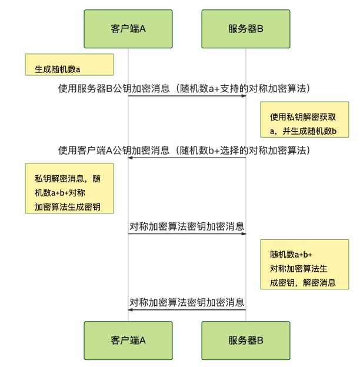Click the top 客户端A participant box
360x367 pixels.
[x=128, y=29]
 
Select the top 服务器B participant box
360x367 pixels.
[x=246, y=29]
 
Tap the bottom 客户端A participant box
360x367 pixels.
[x=128, y=341]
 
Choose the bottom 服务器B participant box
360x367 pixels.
[x=246, y=341]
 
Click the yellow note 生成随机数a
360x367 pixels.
[x=69, y=65]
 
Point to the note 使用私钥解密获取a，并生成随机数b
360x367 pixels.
[x=305, y=119]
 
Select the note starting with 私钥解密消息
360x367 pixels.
[x=69, y=188]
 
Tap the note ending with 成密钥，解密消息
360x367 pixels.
[x=305, y=265]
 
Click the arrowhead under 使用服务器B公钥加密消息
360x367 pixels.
[x=244, y=96]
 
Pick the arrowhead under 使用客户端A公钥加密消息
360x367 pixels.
[x=131, y=158]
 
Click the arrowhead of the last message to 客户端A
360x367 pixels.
[x=131, y=310]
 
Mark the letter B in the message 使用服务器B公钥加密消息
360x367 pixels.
[x=109, y=89]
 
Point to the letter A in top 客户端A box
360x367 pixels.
[x=142, y=29]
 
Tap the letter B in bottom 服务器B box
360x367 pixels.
[x=260, y=341]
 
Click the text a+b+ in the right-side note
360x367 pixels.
[x=303, y=255]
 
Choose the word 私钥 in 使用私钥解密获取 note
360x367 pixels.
[x=291, y=117]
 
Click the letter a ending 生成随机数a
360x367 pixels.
[x=78, y=70]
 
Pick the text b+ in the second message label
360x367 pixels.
[x=214, y=151]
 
